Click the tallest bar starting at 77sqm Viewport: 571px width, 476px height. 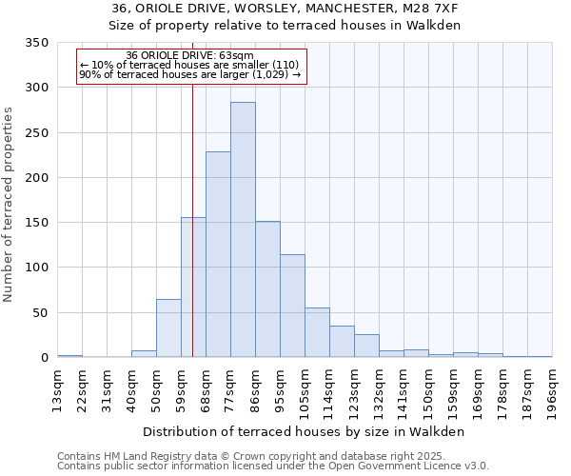pyautogui.click(x=243, y=229)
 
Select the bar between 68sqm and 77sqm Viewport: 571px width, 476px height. pyautogui.click(x=218, y=254)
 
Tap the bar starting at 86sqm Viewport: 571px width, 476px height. pyautogui.click(x=267, y=289)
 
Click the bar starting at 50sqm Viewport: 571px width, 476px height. pyautogui.click(x=168, y=328)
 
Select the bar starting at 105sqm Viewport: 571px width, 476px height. pyautogui.click(x=317, y=332)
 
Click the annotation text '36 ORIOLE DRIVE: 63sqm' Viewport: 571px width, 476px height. pyautogui.click(x=190, y=56)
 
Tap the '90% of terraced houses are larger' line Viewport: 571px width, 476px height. pyautogui.click(x=190, y=74)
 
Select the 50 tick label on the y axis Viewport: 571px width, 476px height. pyautogui.click(x=40, y=313)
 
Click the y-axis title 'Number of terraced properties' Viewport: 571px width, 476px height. pyautogui.click(x=10, y=205)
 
